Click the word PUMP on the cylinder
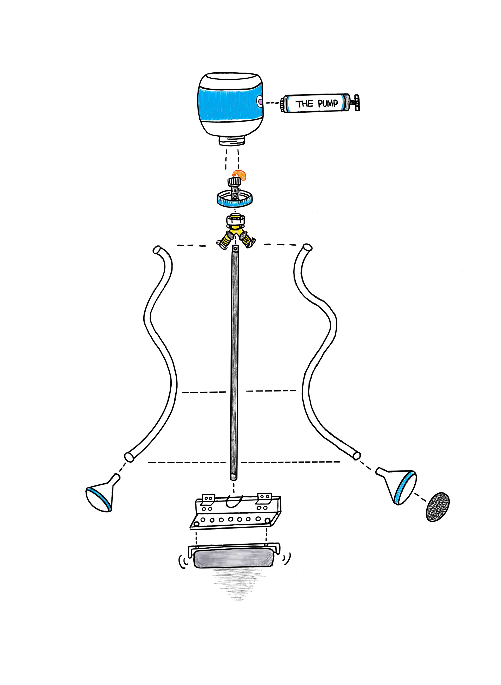click(x=327, y=103)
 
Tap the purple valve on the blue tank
click(x=260, y=100)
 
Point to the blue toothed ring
click(x=235, y=199)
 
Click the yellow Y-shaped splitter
click(x=236, y=232)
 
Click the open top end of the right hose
click(x=307, y=248)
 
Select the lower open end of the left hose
click(x=129, y=457)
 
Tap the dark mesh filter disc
click(x=438, y=507)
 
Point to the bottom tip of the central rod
click(x=234, y=479)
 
